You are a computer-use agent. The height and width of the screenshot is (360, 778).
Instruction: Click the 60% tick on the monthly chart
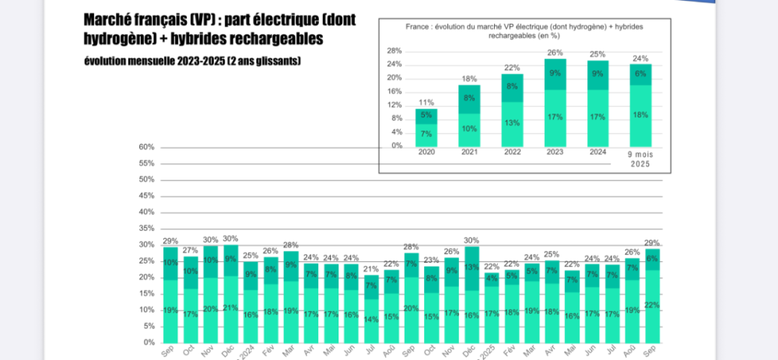pyautogui.click(x=146, y=147)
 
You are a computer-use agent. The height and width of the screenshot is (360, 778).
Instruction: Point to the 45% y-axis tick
pyautogui.click(x=146, y=196)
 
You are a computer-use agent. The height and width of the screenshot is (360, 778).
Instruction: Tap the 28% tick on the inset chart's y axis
pyautogui.click(x=394, y=51)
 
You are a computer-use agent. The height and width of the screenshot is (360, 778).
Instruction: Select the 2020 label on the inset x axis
pyautogui.click(x=426, y=153)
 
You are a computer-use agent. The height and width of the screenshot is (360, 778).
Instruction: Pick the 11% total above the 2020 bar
pyautogui.click(x=426, y=102)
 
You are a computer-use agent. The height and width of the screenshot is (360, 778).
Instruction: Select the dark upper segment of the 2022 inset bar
pyautogui.click(x=511, y=87)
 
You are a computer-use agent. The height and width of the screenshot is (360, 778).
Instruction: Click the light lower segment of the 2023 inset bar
pyautogui.click(x=555, y=118)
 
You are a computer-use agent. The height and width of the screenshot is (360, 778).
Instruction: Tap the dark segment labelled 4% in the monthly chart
pyautogui.click(x=492, y=278)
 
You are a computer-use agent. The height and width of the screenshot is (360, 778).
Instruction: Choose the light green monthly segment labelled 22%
pyautogui.click(x=653, y=306)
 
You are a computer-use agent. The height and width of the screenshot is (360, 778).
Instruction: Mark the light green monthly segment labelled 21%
pyautogui.click(x=230, y=308)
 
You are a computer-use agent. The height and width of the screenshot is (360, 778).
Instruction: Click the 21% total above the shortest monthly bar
pyautogui.click(x=370, y=269)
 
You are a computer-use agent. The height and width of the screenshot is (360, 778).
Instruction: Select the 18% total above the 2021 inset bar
pyautogui.click(x=468, y=79)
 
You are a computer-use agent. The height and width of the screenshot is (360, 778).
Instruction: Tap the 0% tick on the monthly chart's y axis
pyautogui.click(x=149, y=342)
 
